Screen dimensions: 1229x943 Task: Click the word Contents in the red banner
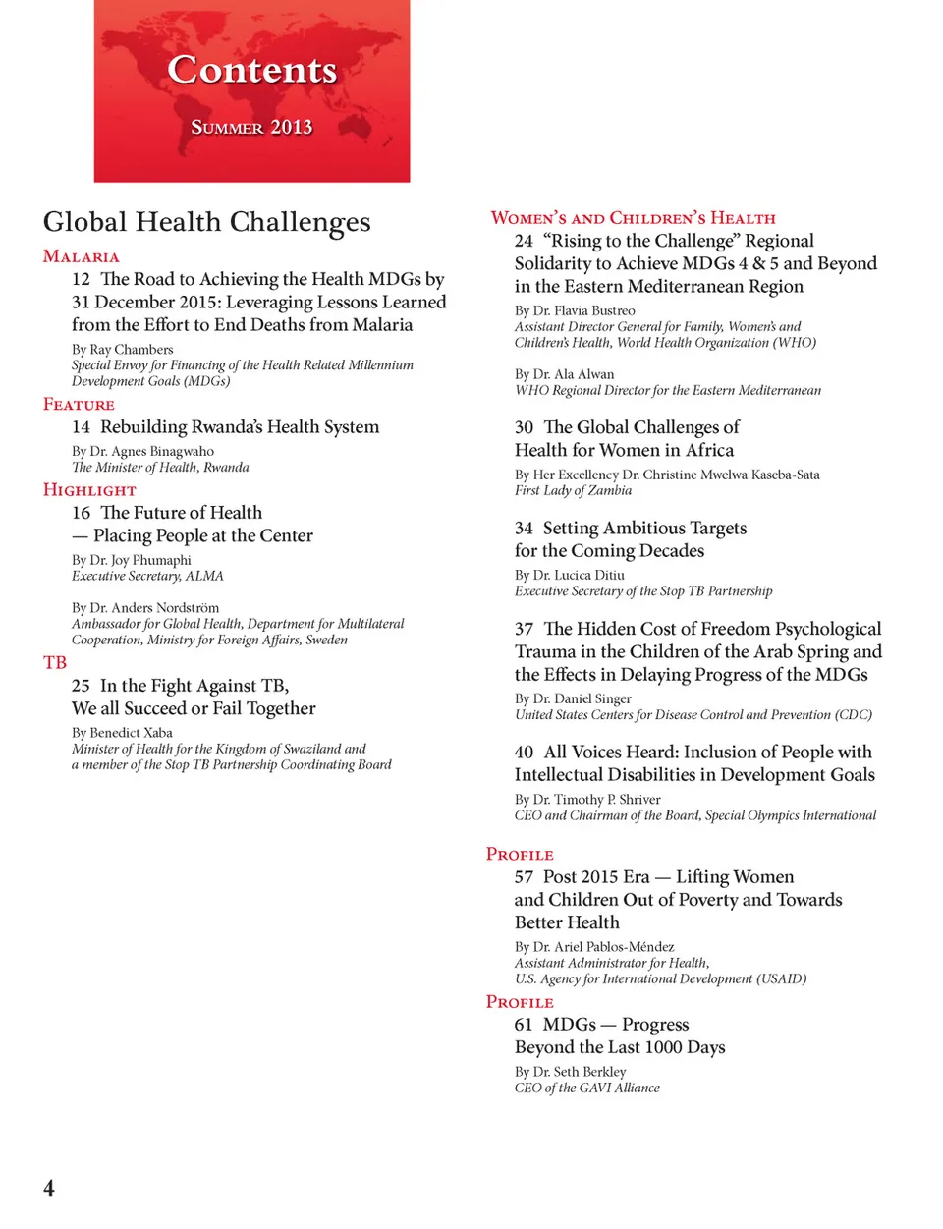(251, 70)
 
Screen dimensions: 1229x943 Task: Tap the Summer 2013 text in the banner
(251, 127)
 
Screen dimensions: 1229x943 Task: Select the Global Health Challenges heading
(206, 222)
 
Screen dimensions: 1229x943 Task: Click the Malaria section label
(81, 256)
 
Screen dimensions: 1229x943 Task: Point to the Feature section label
(79, 404)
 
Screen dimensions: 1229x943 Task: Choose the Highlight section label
(89, 489)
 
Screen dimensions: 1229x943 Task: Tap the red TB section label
(55, 662)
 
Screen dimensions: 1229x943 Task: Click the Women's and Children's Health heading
(633, 218)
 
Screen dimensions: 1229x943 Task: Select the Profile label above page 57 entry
(520, 854)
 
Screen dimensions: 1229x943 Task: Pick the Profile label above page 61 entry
(520, 1001)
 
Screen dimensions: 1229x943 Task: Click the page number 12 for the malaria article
(81, 279)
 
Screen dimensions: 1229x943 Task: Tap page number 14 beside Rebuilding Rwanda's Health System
(81, 426)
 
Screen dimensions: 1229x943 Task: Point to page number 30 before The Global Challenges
(524, 427)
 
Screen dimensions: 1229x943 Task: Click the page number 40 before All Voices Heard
(524, 752)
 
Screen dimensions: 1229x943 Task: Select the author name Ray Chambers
(132, 349)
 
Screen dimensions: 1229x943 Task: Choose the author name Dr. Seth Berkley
(580, 1071)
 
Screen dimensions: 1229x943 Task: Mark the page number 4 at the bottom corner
(49, 1187)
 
